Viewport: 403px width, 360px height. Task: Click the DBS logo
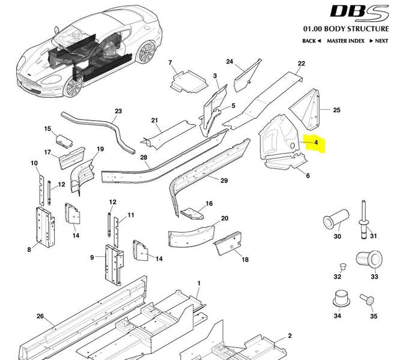click(359, 13)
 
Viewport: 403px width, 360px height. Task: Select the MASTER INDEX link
click(346, 41)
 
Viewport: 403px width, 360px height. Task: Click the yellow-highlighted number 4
click(316, 142)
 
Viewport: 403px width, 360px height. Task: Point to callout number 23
click(118, 111)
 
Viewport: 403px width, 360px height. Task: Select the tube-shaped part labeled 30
click(336, 219)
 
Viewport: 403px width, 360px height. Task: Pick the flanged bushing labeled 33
click(369, 259)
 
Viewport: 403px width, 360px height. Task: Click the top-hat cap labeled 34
click(341, 299)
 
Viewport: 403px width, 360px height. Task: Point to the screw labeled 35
click(368, 299)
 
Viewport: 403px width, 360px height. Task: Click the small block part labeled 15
click(64, 141)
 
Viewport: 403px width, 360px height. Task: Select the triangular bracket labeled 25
click(305, 109)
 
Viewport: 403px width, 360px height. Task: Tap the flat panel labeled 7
click(189, 82)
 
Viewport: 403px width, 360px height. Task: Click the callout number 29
click(224, 181)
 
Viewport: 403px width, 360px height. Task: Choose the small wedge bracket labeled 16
click(192, 214)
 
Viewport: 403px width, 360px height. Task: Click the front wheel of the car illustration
click(73, 86)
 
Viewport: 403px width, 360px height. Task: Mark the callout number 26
click(40, 316)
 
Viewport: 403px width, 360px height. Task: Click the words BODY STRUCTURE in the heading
click(357, 29)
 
